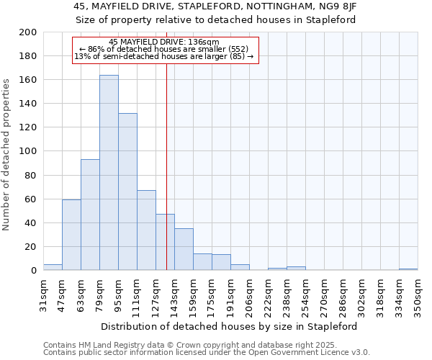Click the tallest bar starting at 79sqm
(109, 173)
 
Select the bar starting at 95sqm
(127, 192)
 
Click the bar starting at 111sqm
(146, 230)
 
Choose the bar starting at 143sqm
(184, 249)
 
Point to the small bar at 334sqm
(408, 269)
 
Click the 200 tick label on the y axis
(28, 32)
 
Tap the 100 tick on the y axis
(28, 151)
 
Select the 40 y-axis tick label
(31, 222)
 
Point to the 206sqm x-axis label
(249, 295)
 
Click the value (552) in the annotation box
(237, 49)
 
